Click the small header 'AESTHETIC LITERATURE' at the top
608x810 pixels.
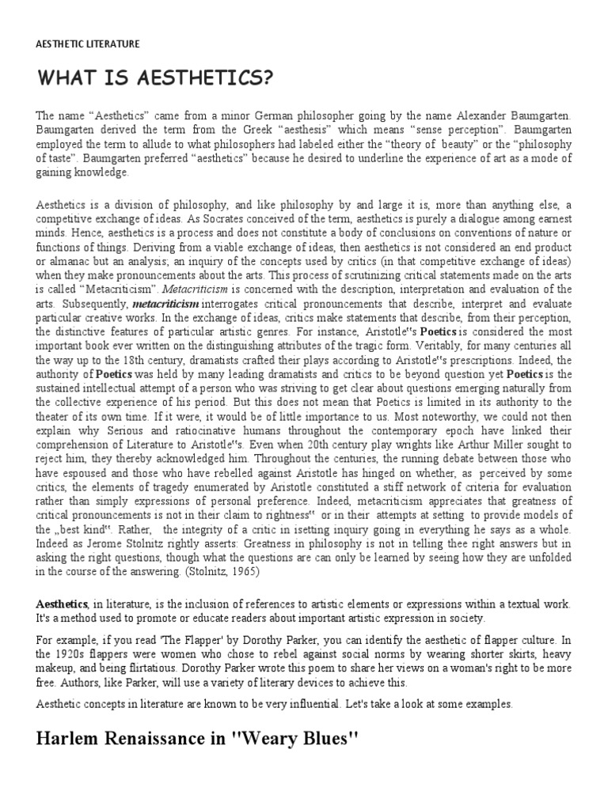tap(88, 44)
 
